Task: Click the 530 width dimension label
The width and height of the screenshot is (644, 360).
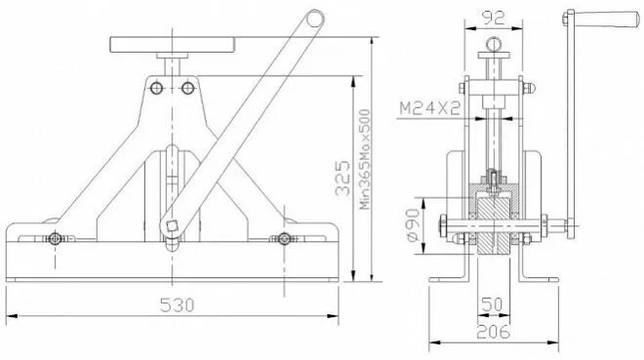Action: pyautogui.click(x=177, y=305)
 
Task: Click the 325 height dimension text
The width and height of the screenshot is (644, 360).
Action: pyautogui.click(x=342, y=178)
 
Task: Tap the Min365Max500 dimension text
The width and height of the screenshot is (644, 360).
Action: pyautogui.click(x=365, y=159)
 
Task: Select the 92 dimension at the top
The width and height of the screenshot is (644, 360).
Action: pyautogui.click(x=493, y=18)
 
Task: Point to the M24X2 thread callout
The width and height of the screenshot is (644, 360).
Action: pyautogui.click(x=430, y=108)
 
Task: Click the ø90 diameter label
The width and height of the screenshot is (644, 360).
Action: pyautogui.click(x=413, y=224)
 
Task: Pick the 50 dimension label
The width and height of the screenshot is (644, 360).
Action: pyautogui.click(x=492, y=304)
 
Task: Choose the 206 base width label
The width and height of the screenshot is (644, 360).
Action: pyautogui.click(x=493, y=332)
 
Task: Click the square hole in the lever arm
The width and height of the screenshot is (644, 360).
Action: pyautogui.click(x=172, y=225)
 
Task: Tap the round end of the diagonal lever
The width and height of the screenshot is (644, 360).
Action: pyautogui.click(x=314, y=19)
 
